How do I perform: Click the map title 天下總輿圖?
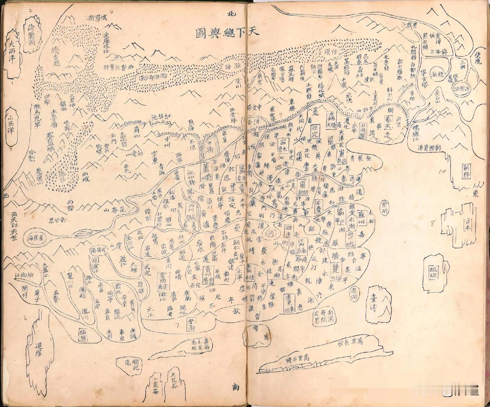[x=227, y=32]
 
